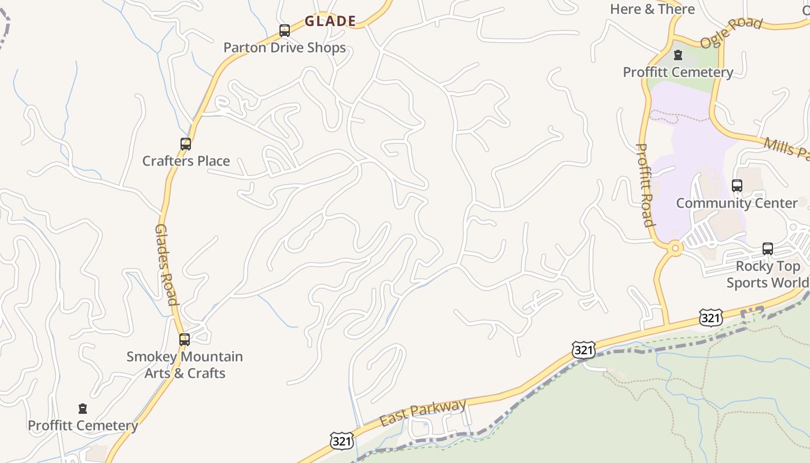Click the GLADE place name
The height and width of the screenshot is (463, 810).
[330, 21]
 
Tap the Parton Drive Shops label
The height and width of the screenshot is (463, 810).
[285, 47]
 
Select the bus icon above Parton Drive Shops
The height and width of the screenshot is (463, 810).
[285, 31]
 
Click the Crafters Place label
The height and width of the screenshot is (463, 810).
[186, 161]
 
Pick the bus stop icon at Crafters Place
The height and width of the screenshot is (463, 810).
[186, 144]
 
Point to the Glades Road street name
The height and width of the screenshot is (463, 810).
[165, 264]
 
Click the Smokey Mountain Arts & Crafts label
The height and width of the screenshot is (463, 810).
[185, 365]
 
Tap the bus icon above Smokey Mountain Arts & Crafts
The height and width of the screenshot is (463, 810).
[185, 340]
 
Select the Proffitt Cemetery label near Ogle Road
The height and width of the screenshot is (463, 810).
[678, 72]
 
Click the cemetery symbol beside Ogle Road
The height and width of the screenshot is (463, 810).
[678, 56]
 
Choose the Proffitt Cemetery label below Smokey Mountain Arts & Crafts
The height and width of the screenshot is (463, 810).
[83, 426]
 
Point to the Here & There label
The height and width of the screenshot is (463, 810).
[652, 9]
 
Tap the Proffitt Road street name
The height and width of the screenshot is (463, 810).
[645, 185]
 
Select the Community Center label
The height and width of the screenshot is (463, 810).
[737, 203]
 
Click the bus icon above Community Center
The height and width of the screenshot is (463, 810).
[737, 186]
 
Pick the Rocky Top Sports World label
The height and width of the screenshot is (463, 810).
[767, 274]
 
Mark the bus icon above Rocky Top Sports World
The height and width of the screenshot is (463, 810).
[768, 249]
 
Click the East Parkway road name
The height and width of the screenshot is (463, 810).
[423, 413]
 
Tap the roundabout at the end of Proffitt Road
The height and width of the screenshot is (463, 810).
[675, 248]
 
